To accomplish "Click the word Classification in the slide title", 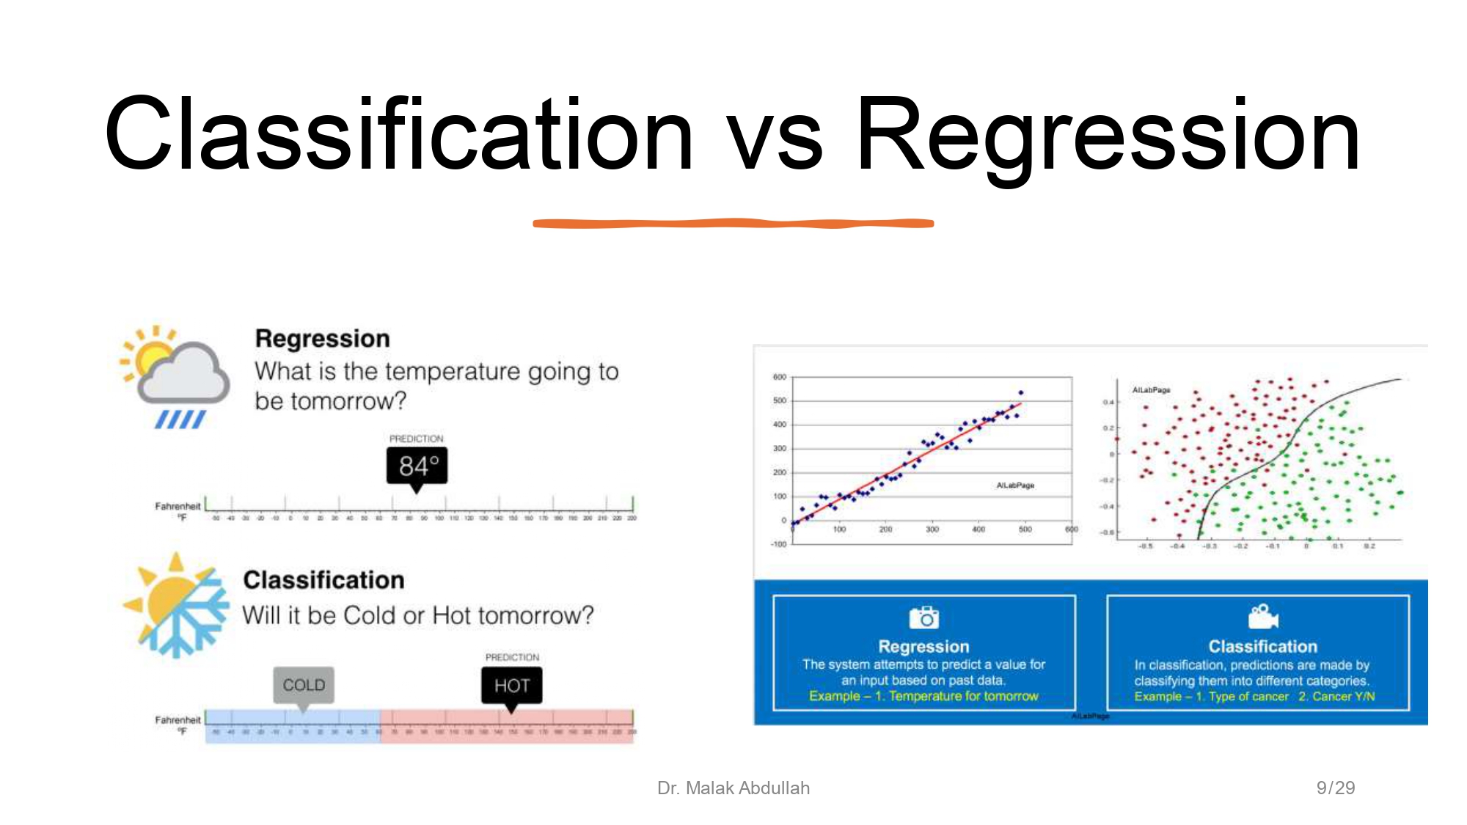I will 398,136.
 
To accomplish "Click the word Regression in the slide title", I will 1108,136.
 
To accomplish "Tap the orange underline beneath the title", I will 733,223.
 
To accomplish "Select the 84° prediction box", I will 417,466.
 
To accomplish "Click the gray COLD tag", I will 304,685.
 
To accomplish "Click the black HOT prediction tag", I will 511,686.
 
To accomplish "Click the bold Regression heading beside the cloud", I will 322,339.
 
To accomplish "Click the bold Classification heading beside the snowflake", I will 323,580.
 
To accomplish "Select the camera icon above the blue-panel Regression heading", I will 923,617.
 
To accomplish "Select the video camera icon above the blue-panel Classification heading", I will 1262,617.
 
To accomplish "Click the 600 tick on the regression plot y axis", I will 779,377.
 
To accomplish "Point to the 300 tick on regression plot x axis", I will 932,529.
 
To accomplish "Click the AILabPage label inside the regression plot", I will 1015,485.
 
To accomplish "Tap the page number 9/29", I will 1335,788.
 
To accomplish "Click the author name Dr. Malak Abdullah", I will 733,788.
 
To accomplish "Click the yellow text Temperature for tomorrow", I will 963,696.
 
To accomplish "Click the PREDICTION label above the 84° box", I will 416,439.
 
